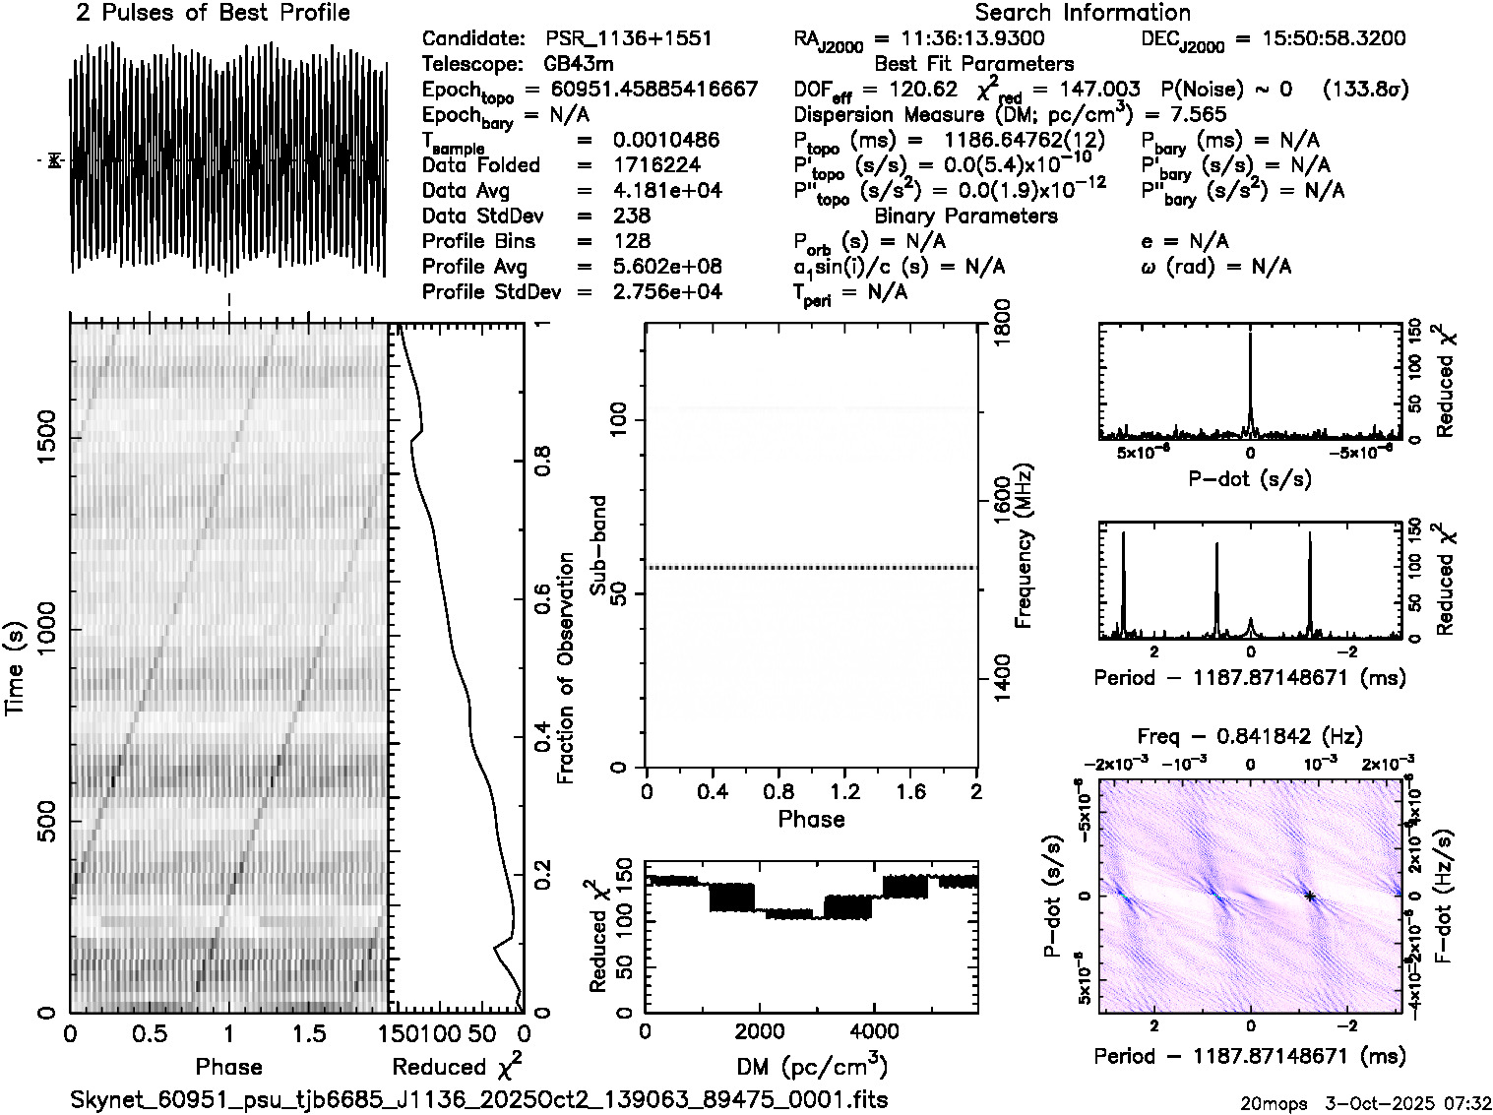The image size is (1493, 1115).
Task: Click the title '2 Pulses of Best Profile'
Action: [x=213, y=14]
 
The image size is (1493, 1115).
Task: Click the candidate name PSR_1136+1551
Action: [x=628, y=39]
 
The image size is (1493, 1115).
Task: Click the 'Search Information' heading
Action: [x=1082, y=14]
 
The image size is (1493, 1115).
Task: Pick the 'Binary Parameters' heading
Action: [x=965, y=217]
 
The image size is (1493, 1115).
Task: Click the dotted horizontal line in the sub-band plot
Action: [x=811, y=568]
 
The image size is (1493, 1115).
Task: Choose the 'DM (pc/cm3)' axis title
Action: [x=811, y=1066]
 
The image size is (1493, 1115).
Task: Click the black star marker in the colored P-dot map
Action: [x=1310, y=896]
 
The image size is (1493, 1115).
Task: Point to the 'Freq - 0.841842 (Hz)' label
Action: [x=1250, y=736]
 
